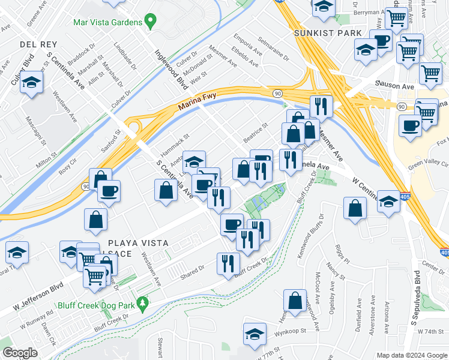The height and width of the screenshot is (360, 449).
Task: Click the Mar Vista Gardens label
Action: tap(107, 23)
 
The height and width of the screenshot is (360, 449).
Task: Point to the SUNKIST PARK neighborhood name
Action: tap(328, 33)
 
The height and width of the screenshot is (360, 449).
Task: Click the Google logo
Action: tap(19, 353)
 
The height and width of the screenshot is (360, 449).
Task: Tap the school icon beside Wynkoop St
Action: tap(255, 334)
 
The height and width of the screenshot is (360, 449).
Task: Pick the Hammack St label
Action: tap(175, 145)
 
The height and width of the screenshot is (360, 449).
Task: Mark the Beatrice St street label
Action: tap(255, 131)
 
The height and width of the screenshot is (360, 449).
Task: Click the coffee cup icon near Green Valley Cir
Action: tap(411, 125)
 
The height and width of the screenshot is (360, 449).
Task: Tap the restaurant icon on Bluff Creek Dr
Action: tap(228, 263)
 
